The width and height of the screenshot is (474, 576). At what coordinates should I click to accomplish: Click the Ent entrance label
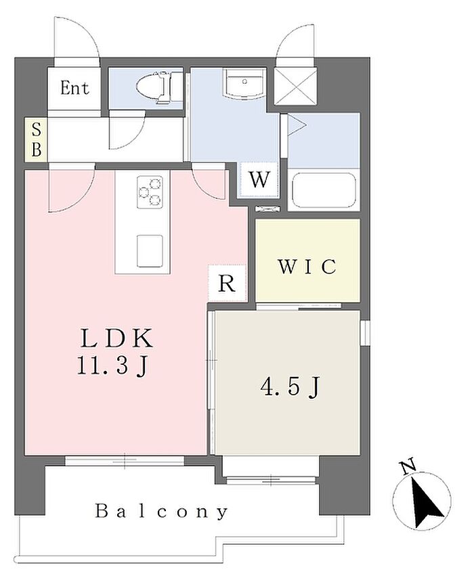pyautogui.click(x=74, y=88)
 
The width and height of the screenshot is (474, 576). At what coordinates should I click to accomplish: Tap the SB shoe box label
pyautogui.click(x=36, y=140)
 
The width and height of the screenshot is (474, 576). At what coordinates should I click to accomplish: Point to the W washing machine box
pyautogui.click(x=259, y=179)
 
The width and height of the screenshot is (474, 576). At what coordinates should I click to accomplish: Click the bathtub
pyautogui.click(x=324, y=191)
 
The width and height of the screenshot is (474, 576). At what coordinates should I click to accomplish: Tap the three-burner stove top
pyautogui.click(x=150, y=190)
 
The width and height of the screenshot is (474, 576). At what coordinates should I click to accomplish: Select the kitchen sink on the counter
pyautogui.click(x=150, y=250)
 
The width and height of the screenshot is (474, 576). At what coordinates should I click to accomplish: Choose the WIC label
pyautogui.click(x=307, y=266)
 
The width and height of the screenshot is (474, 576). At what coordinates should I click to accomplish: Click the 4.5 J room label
pyautogui.click(x=290, y=386)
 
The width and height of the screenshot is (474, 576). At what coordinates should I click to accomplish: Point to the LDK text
pyautogui.click(x=117, y=338)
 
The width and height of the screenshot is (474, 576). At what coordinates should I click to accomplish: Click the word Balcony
pyautogui.click(x=162, y=510)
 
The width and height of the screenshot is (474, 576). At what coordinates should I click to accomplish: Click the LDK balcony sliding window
pyautogui.click(x=125, y=461)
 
